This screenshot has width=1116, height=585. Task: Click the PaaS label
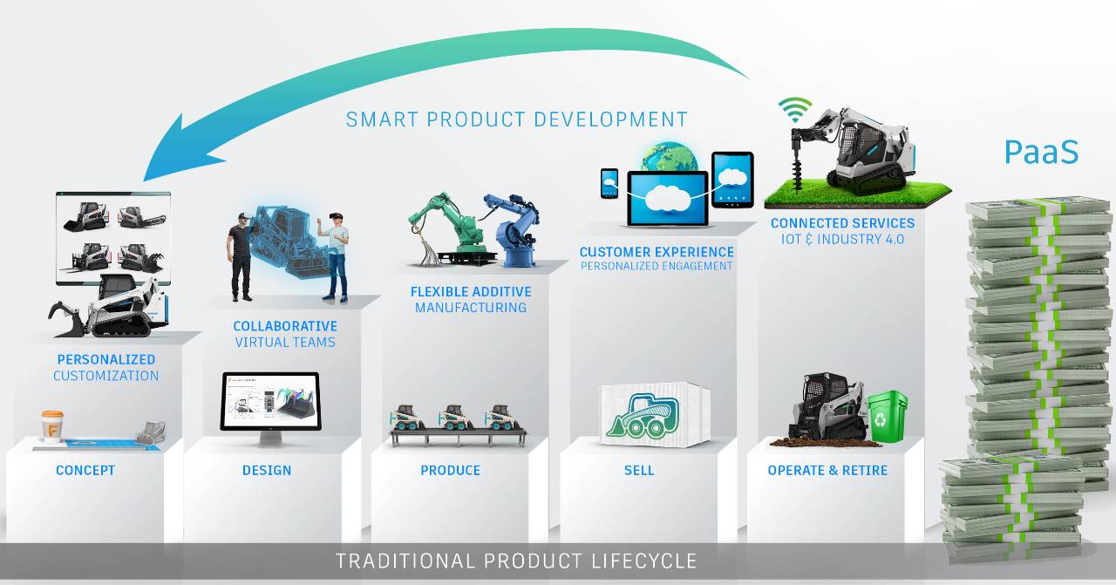point(1041,152)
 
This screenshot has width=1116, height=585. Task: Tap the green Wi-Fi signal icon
point(794,110)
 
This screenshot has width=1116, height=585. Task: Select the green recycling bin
point(888,417)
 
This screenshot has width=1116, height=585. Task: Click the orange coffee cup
point(52,426)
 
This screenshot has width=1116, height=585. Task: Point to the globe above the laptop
point(670,157)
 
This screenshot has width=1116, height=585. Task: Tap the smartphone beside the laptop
point(609,183)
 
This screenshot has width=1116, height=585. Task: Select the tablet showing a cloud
point(732,180)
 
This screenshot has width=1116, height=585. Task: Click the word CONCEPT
point(85,471)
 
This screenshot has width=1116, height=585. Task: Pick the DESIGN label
point(267,471)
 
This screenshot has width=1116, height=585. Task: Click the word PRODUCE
point(451,471)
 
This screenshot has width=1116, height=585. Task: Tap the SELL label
point(639,471)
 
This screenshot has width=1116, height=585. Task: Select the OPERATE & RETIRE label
point(827,471)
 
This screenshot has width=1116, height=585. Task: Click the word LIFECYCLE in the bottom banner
point(644,561)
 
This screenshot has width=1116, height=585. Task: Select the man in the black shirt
point(241,256)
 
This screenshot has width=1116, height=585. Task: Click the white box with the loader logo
point(655,414)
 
